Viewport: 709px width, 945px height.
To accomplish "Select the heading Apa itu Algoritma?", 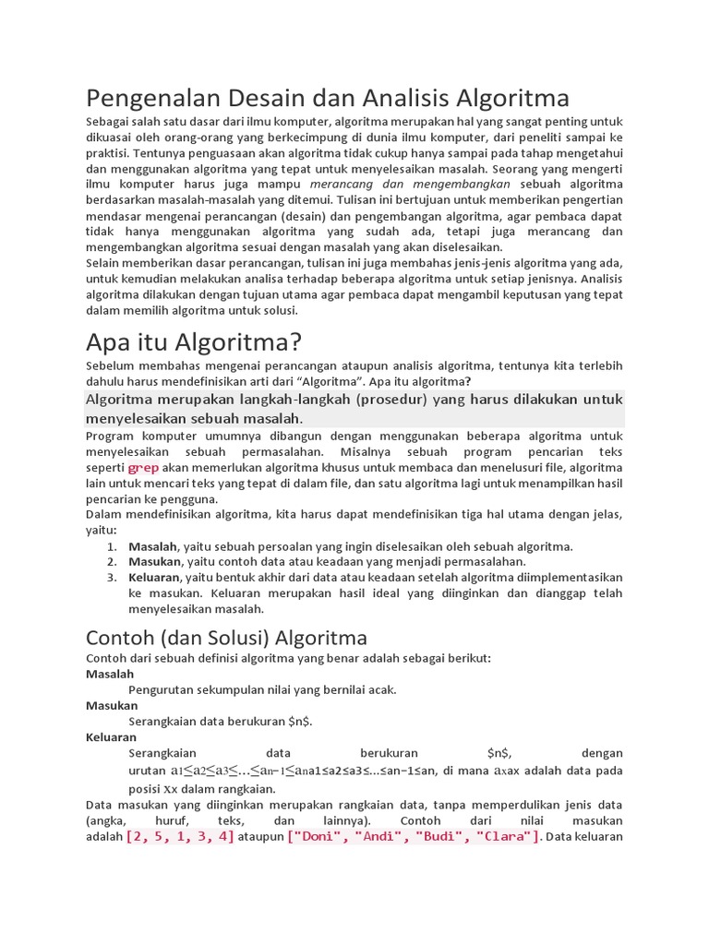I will coord(194,342).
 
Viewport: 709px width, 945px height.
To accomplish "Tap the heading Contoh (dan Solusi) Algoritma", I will coord(226,638).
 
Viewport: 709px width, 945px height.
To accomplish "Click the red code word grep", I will coord(143,468).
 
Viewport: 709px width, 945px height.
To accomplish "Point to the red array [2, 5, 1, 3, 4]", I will coord(180,837).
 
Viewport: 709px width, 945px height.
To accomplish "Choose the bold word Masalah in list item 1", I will coord(152,546).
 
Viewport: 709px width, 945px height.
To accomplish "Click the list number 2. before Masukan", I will coord(111,562).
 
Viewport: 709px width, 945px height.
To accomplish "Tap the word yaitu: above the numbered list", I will coord(101,531).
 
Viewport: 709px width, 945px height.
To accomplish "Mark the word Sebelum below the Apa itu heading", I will coord(110,366).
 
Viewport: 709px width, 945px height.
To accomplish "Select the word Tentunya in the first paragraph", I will coord(162,153).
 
